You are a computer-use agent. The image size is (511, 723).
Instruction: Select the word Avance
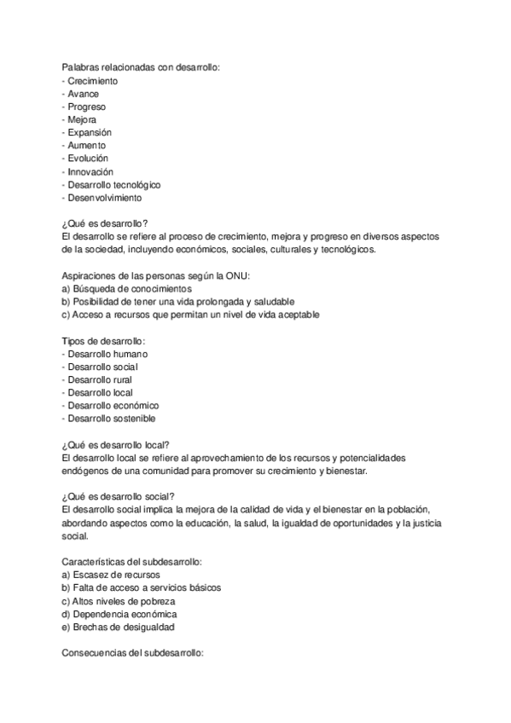[84, 94]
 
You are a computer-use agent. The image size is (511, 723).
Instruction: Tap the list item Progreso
[86, 107]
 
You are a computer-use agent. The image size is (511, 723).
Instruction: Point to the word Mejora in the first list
[82, 120]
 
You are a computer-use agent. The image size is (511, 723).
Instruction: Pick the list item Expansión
[90, 133]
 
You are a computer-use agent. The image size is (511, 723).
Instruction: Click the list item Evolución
[88, 159]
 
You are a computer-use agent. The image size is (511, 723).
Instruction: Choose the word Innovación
[90, 171]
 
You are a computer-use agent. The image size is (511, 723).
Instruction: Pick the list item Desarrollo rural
[100, 379]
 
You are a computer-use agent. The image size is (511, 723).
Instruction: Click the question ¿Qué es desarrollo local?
[116, 444]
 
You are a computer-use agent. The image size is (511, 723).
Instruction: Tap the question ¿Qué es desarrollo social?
[119, 496]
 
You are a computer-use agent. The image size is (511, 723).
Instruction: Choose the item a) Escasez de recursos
[111, 575]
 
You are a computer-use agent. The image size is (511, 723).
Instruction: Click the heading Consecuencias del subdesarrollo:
[131, 652]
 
